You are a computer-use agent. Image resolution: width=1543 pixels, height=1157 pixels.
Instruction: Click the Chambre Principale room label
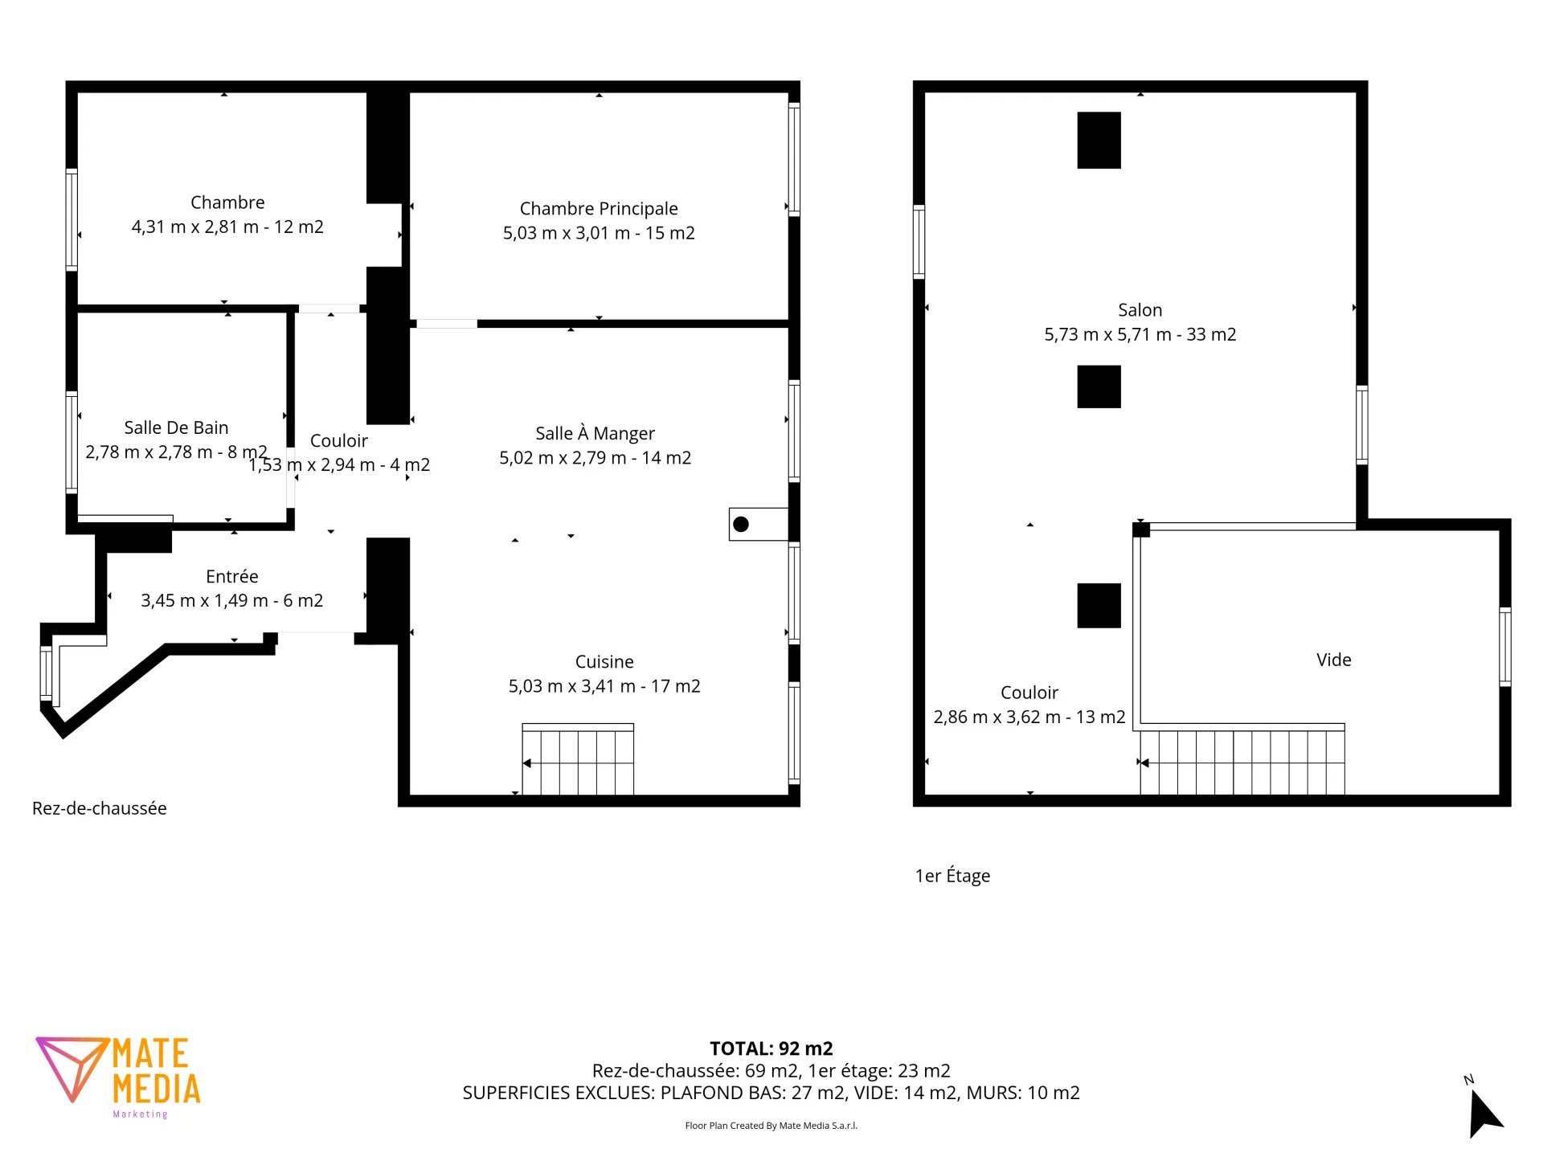pyautogui.click(x=599, y=209)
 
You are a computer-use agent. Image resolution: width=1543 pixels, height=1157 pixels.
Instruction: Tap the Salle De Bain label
pyautogui.click(x=176, y=427)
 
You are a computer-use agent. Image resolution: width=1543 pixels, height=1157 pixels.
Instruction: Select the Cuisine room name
pyautogui.click(x=604, y=661)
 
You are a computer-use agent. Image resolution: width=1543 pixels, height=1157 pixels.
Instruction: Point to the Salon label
pyautogui.click(x=1140, y=310)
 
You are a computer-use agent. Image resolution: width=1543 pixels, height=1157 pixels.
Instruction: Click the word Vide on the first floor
pyautogui.click(x=1333, y=660)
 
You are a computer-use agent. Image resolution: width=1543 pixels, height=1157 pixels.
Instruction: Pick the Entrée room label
pyautogui.click(x=231, y=576)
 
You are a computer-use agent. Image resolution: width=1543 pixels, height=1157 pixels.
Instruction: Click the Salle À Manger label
pyautogui.click(x=595, y=434)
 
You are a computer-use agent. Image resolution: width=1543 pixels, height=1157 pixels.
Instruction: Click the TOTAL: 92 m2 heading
pyautogui.click(x=771, y=1049)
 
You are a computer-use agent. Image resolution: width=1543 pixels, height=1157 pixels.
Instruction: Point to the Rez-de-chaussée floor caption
pyautogui.click(x=100, y=808)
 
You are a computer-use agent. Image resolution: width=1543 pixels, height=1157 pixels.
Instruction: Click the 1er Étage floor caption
pyautogui.click(x=952, y=876)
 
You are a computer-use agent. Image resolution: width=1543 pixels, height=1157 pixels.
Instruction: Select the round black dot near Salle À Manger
pyautogui.click(x=741, y=524)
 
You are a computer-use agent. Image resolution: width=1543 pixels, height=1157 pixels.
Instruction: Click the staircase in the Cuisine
pyautogui.click(x=578, y=759)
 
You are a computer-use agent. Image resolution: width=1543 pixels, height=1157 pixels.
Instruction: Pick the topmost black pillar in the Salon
pyautogui.click(x=1099, y=140)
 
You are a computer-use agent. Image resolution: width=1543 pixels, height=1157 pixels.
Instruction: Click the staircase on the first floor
pyautogui.click(x=1242, y=760)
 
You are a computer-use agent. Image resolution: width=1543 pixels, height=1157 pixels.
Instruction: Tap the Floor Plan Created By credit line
pyautogui.click(x=771, y=1126)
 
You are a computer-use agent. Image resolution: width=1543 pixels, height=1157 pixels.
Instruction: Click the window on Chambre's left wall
pyautogui.click(x=72, y=219)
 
